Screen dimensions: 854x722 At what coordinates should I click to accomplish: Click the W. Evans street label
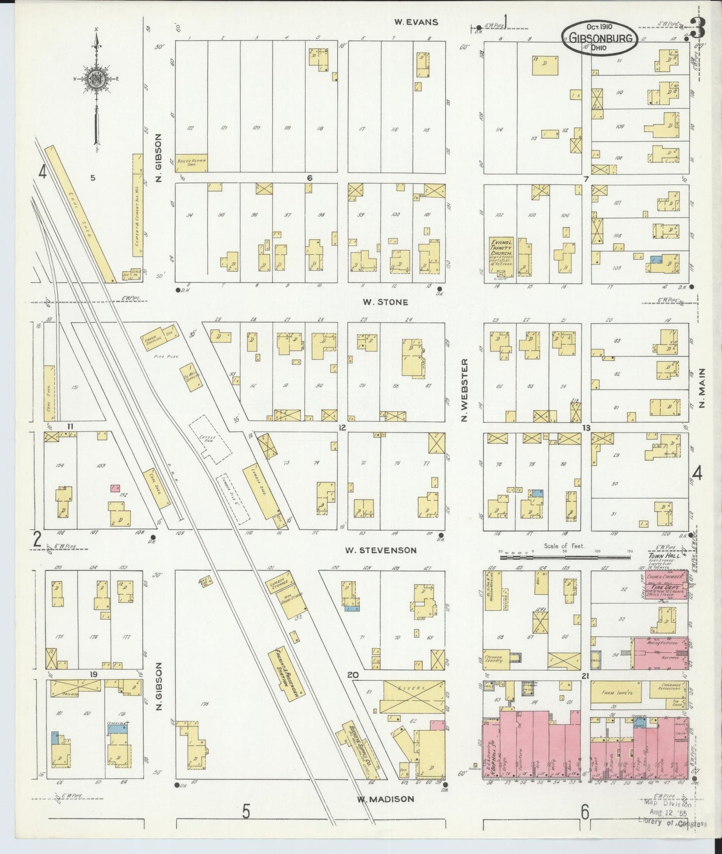(416, 22)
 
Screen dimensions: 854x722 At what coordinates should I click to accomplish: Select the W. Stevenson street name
(381, 550)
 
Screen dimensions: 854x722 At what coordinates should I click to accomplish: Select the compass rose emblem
(95, 80)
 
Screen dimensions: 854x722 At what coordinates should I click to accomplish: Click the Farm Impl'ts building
(618, 693)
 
